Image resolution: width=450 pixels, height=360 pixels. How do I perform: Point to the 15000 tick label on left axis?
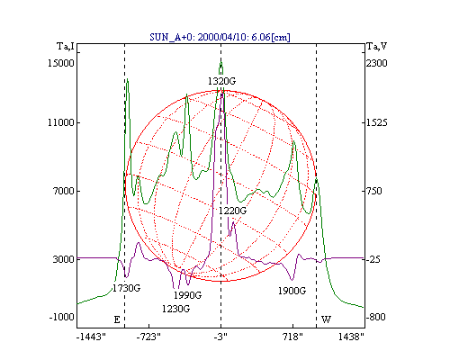coord(61,63)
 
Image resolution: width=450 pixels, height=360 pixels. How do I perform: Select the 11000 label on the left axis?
coord(61,122)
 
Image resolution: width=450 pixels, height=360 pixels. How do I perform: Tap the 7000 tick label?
coord(63,191)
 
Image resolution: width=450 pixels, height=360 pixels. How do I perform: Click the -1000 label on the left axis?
coord(61,317)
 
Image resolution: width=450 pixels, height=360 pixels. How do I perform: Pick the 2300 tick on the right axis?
coord(377,63)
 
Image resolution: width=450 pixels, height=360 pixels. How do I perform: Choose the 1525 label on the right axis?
coord(377,122)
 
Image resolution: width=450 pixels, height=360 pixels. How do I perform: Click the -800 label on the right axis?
coord(375,317)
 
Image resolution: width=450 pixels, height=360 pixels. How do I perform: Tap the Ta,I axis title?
coord(66,47)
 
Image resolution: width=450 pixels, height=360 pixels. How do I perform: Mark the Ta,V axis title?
coord(377,47)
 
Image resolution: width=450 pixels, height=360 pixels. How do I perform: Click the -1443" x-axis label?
coord(91,337)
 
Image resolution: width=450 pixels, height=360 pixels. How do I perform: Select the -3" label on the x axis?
coord(221,337)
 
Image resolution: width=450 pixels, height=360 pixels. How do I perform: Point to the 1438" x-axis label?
coord(351,337)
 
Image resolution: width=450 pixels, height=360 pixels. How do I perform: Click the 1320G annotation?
coord(222,81)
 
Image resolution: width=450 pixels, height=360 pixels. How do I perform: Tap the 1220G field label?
coord(232,211)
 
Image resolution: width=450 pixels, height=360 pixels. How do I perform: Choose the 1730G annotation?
coord(126,288)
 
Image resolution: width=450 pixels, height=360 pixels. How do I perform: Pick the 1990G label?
coord(187,295)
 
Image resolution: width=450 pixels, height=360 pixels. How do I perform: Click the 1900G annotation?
coord(292,291)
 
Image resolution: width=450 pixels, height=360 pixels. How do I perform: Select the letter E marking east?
coord(117,319)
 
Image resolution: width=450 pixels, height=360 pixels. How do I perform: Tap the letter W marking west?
coord(327,319)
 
